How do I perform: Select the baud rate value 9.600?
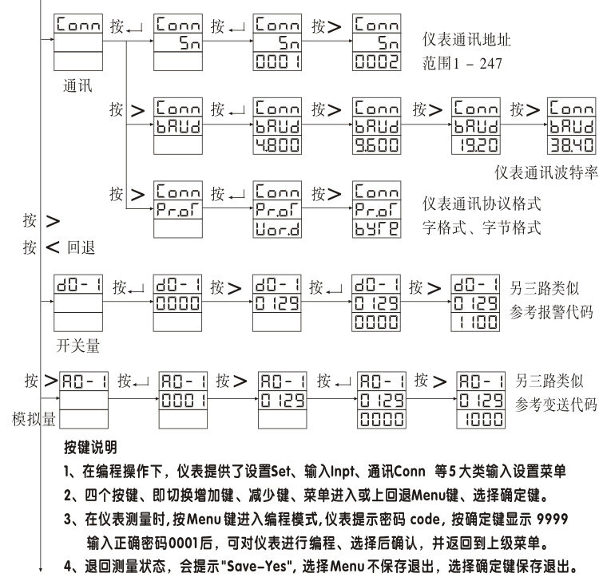pyautogui.click(x=375, y=144)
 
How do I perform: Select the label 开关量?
pyautogui.click(x=77, y=346)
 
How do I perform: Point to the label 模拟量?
pyautogui.click(x=33, y=417)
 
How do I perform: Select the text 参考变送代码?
pyautogui.click(x=557, y=402)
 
